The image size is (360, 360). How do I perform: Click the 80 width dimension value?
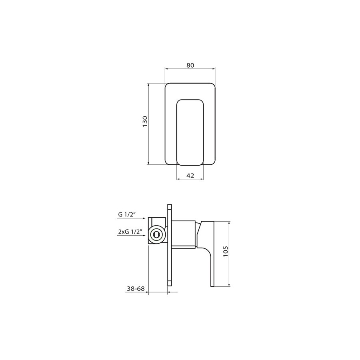click(x=190, y=65)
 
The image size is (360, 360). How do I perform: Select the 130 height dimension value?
click(x=145, y=122)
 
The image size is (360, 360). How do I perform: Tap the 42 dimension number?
click(x=190, y=176)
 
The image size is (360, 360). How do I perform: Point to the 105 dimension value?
click(x=226, y=252)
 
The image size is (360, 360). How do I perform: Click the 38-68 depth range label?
click(x=136, y=288)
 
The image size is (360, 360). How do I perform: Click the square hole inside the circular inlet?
click(x=156, y=234)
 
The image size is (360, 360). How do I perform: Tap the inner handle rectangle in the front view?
click(x=190, y=132)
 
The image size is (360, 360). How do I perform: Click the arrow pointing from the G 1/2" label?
click(x=131, y=218)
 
